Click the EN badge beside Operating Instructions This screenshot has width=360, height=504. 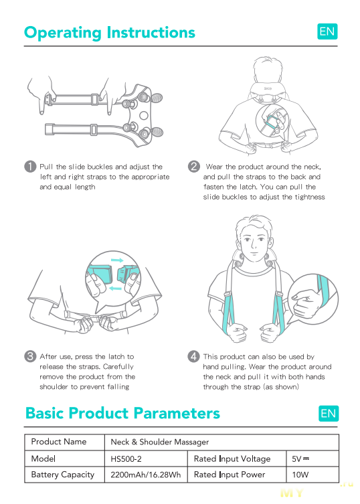tap(327, 31)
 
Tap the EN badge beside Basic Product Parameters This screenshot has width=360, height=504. tap(329, 414)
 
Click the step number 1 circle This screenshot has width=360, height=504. tap(30, 167)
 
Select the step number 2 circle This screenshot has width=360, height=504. tap(194, 167)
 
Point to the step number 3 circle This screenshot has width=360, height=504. tap(30, 356)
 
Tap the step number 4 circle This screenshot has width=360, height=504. tap(193, 356)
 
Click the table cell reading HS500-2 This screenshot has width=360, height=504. tap(126, 459)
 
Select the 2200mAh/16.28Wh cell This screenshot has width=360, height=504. tap(146, 475)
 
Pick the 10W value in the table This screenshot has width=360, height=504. tap(300, 475)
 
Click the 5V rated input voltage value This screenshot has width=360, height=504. tap(300, 459)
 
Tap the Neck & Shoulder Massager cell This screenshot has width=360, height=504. tap(160, 442)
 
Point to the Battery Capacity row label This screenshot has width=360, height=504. tap(63, 475)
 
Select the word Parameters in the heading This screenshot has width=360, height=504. tap(177, 414)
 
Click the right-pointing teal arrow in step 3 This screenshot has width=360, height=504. tap(117, 260)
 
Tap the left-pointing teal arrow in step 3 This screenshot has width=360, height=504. tap(115, 288)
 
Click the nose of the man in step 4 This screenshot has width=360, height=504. tap(253, 246)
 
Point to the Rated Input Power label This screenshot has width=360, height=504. tap(230, 475)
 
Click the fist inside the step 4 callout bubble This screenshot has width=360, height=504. tap(305, 303)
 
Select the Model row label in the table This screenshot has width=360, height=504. tap(43, 458)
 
